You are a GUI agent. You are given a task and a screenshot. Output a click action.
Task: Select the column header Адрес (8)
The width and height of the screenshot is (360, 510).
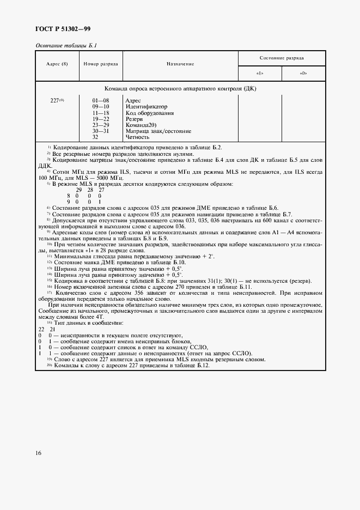click(57, 64)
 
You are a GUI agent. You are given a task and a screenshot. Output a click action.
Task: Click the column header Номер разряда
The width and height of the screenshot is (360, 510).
click(101, 64)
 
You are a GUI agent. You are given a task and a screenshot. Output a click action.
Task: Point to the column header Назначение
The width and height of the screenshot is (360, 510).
click(180, 64)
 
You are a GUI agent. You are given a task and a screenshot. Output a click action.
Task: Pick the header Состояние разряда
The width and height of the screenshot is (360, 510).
click(282, 57)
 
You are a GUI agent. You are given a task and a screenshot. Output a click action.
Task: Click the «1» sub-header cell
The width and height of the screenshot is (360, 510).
click(260, 73)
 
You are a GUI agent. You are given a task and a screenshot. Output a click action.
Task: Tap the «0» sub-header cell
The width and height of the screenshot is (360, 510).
click(303, 73)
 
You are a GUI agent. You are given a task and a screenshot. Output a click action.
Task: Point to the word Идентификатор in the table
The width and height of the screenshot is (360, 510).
click(147, 107)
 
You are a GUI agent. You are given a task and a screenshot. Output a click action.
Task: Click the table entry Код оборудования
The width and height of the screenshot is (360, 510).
click(149, 113)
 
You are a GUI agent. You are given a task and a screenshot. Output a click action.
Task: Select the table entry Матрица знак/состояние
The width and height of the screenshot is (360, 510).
click(158, 131)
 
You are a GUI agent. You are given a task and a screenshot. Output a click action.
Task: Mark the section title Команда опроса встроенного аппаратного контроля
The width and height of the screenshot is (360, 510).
click(180, 88)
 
